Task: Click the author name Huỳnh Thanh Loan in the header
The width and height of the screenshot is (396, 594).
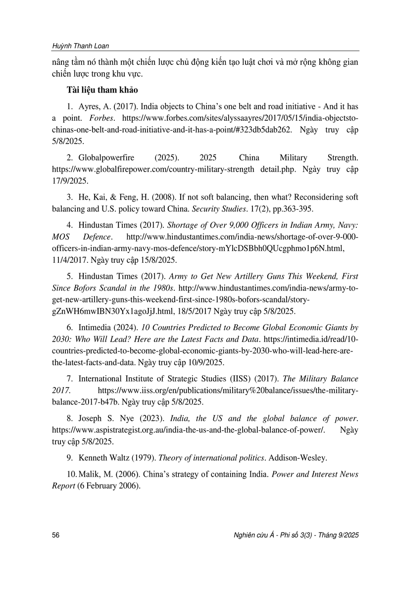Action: (80, 46)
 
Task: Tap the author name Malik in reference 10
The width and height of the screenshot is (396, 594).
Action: (94, 474)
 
